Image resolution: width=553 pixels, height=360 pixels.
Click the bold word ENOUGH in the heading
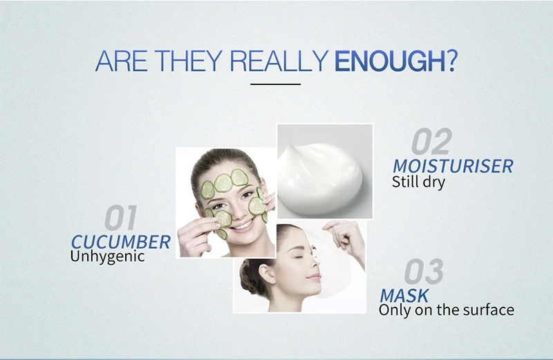tap(390, 61)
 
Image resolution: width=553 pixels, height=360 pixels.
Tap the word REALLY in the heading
tap(279, 61)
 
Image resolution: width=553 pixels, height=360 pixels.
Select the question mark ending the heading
tap(452, 61)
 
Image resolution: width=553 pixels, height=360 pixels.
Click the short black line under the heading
tap(275, 84)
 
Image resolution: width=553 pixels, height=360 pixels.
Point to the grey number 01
tap(120, 218)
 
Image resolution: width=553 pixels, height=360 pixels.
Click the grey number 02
tap(431, 141)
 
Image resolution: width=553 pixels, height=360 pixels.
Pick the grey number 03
tap(424, 271)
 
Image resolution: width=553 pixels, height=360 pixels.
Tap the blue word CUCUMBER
tap(120, 243)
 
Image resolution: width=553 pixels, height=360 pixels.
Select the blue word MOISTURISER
tap(453, 166)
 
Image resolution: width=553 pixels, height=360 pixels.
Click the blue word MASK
tap(404, 296)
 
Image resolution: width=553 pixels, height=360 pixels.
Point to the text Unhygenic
tap(107, 256)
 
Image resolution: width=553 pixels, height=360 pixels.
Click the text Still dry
tap(418, 182)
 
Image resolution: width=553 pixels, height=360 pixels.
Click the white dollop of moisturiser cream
tap(319, 178)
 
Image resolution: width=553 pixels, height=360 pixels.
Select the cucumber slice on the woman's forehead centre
tap(223, 183)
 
